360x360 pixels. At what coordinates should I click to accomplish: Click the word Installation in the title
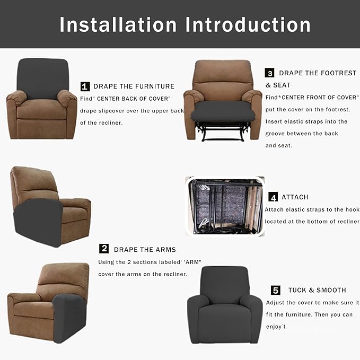[118, 24]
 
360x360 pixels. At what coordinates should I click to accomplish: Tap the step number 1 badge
[85, 86]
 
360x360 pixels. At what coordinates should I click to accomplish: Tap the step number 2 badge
[104, 249]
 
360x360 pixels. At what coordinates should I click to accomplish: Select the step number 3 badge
[270, 73]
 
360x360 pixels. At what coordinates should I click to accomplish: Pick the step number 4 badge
[273, 197]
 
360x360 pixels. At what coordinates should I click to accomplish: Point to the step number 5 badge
[275, 290]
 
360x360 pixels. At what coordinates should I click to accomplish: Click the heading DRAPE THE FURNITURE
[134, 86]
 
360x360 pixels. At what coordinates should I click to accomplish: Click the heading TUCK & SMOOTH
[317, 291]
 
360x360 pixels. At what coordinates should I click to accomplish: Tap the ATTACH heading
[295, 197]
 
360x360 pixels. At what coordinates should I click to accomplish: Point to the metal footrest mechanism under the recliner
[222, 131]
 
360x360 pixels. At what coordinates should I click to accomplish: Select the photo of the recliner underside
[224, 206]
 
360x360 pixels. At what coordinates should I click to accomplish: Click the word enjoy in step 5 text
[275, 327]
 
